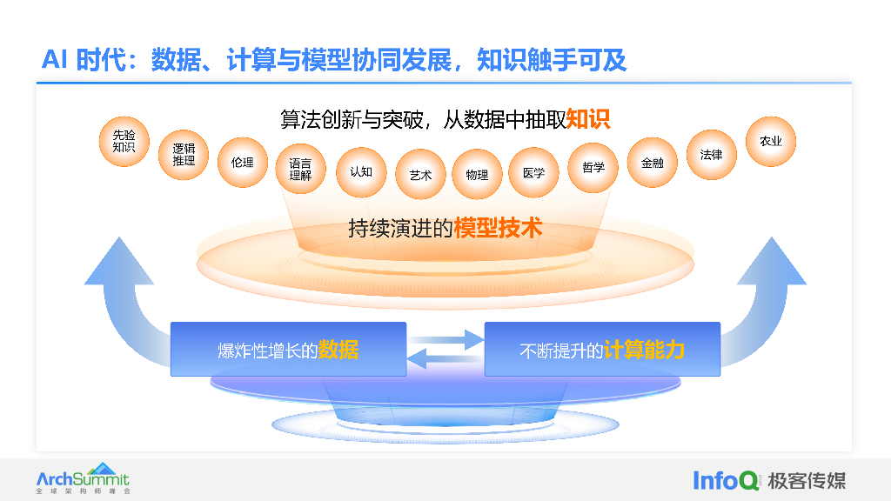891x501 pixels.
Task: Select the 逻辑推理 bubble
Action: [184, 155]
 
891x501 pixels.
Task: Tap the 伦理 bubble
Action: [242, 163]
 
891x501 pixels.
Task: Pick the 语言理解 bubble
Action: [300, 169]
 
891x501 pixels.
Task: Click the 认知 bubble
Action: [360, 172]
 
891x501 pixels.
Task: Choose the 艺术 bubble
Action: [420, 175]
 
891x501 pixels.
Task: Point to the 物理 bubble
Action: [477, 175]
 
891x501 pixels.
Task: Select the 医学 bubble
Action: [534, 172]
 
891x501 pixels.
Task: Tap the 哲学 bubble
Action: [593, 167]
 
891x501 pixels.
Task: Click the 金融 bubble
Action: [652, 163]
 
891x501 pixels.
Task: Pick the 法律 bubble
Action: [711, 155]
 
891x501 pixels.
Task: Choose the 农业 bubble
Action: [771, 141]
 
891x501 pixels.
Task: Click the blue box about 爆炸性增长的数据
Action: [288, 350]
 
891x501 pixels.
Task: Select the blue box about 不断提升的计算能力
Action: [602, 350]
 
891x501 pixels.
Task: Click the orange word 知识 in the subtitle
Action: [588, 118]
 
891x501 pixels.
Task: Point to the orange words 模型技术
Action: [498, 228]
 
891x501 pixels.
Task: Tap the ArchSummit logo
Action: [83, 478]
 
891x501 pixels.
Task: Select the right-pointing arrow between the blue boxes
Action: [446, 338]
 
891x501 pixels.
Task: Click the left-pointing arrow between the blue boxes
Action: [445, 357]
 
